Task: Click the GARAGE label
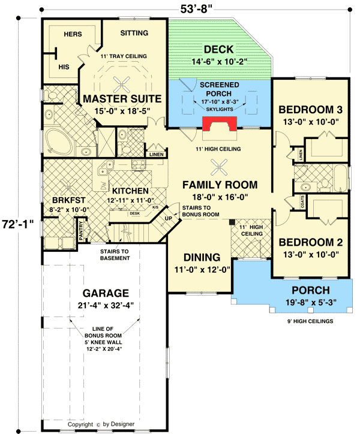pyautogui.click(x=106, y=293)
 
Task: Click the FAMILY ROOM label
pyautogui.click(x=220, y=185)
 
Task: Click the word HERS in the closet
pyautogui.click(x=72, y=34)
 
